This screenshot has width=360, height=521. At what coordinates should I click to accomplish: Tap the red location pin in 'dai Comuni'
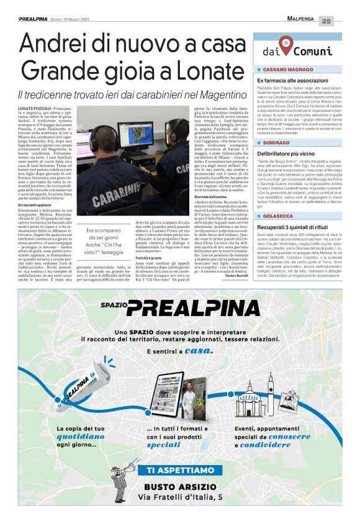286,45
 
